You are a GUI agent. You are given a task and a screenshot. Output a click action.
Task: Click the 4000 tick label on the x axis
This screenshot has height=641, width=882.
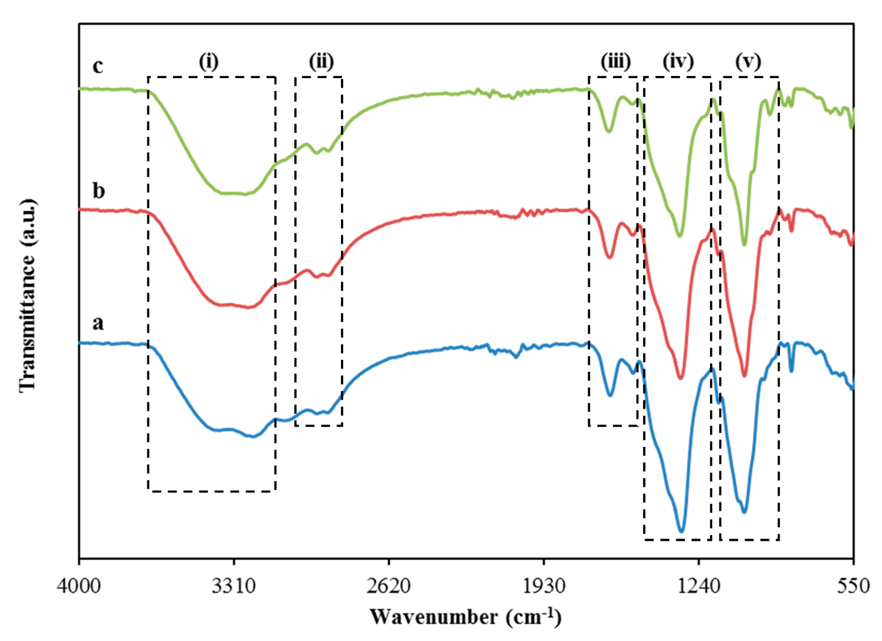pyautogui.click(x=79, y=586)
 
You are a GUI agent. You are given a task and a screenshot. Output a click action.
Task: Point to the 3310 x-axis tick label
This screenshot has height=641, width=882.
pyautogui.click(x=234, y=586)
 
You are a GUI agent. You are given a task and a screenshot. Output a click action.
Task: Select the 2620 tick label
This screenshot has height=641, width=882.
pyautogui.click(x=388, y=586)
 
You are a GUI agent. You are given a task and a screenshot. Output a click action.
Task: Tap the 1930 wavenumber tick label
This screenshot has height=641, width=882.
pyautogui.click(x=544, y=586)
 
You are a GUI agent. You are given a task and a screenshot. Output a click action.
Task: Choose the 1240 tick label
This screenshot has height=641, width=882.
pyautogui.click(x=699, y=586)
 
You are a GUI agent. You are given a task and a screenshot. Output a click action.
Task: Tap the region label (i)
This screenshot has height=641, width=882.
pyautogui.click(x=209, y=61)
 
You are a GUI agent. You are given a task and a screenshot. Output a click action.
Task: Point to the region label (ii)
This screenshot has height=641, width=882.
pyautogui.click(x=321, y=61)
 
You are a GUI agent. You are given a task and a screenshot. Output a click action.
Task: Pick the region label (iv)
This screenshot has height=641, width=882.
pyautogui.click(x=678, y=61)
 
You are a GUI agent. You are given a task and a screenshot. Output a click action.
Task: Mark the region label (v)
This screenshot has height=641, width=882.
pyautogui.click(x=748, y=61)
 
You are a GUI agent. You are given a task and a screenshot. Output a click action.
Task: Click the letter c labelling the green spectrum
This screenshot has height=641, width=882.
pyautogui.click(x=98, y=66)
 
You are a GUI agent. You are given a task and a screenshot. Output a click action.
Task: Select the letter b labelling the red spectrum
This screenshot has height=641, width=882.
pyautogui.click(x=98, y=191)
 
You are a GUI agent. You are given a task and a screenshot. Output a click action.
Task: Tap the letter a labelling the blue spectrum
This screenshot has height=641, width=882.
pyautogui.click(x=98, y=323)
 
